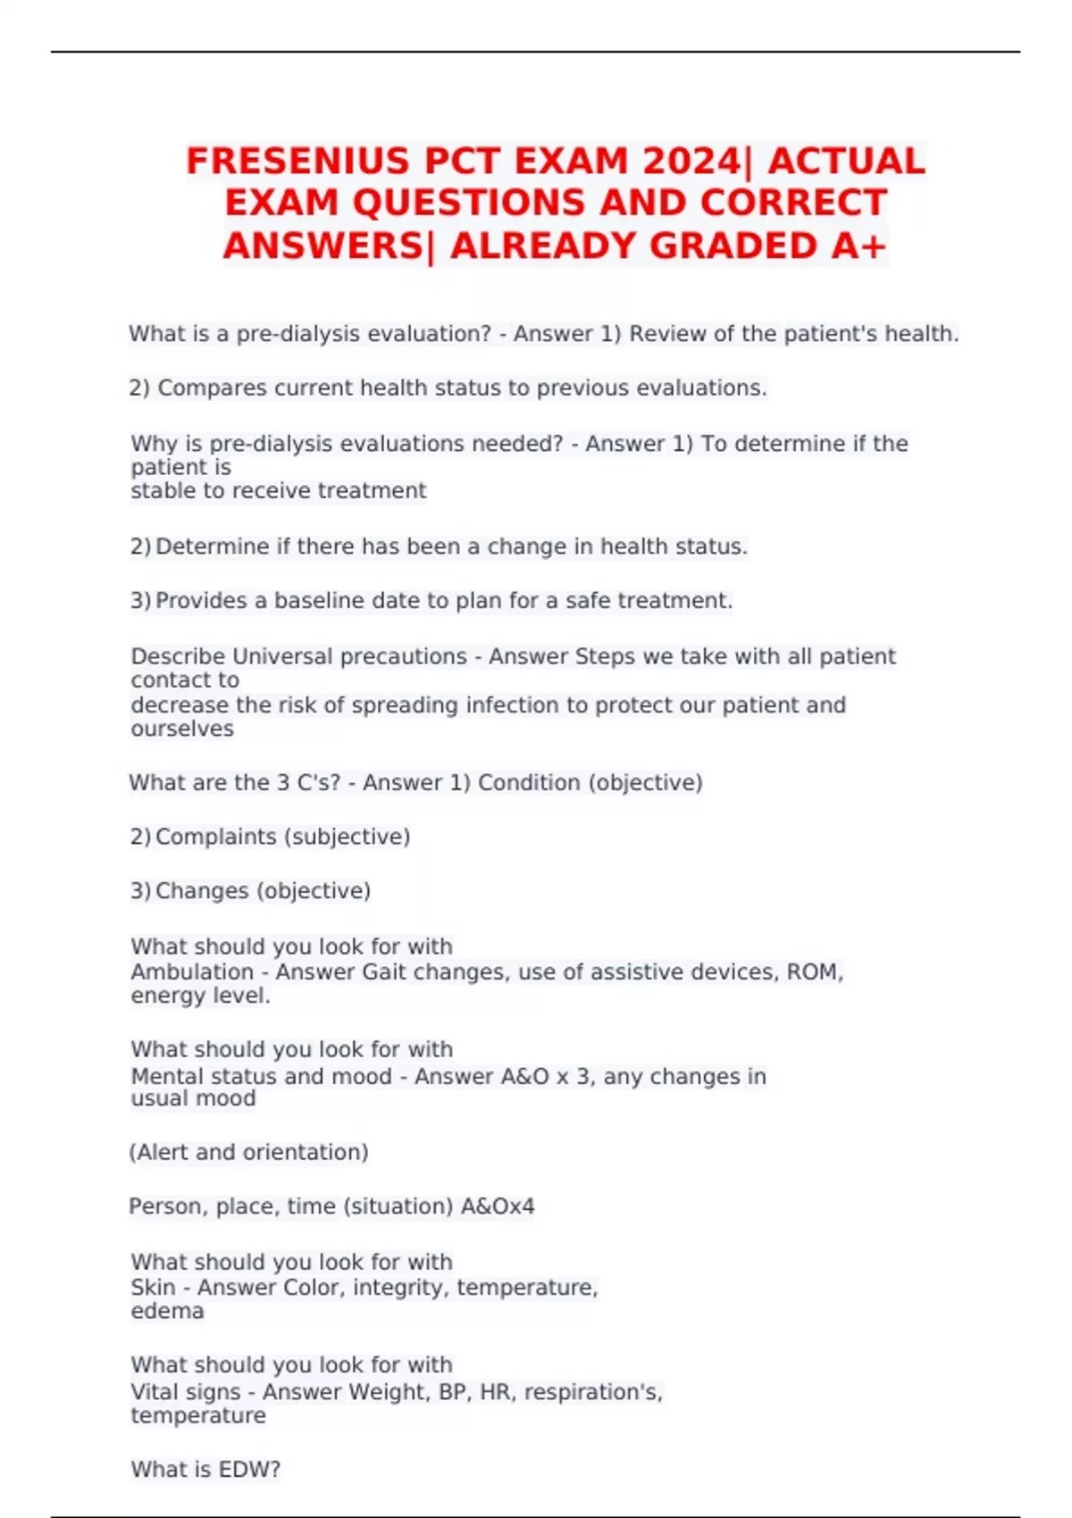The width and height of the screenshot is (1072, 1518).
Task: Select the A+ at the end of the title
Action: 858,246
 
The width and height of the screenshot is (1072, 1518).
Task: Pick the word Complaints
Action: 215,838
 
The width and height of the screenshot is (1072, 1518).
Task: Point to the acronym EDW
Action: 247,1470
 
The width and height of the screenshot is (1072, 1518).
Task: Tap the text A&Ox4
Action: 498,1207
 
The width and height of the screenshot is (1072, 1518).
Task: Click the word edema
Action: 167,1312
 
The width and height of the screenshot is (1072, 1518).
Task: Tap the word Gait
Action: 384,972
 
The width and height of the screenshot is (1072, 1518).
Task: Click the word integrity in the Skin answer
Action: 401,1288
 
